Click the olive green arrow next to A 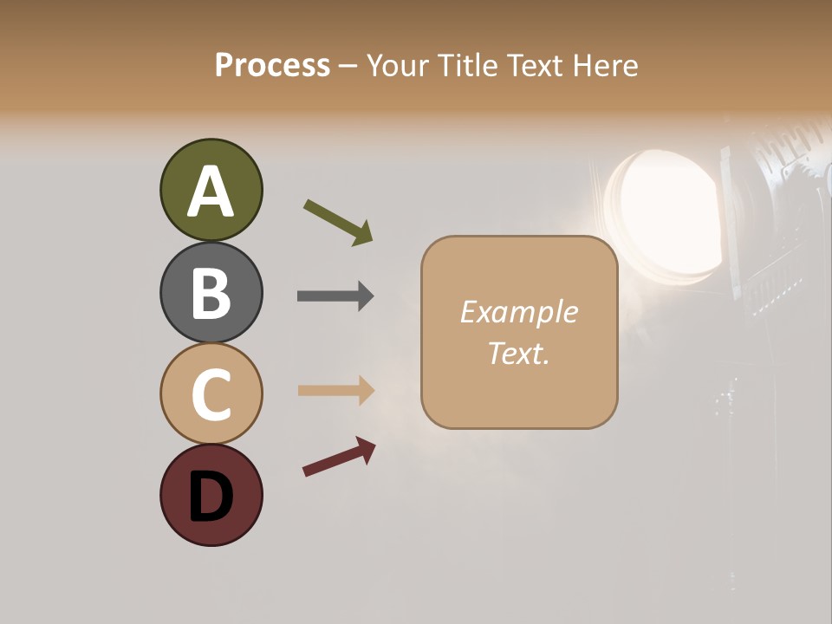click(x=338, y=222)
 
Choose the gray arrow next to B click(x=335, y=296)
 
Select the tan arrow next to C click(x=335, y=390)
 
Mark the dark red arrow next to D click(x=339, y=456)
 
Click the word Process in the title click(x=272, y=66)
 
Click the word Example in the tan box click(x=518, y=312)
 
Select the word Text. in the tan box click(x=518, y=353)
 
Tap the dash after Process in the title click(x=348, y=66)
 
